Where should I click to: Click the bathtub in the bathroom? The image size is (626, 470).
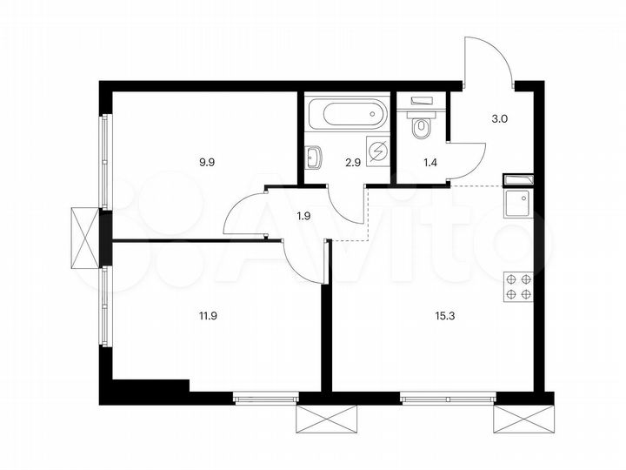345,113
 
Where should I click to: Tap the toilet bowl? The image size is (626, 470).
422,127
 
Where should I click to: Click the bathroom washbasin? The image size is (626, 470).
313,157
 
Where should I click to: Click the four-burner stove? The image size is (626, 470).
518,286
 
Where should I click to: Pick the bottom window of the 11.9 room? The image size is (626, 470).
266,398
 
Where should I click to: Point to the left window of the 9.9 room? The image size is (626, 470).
105,162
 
